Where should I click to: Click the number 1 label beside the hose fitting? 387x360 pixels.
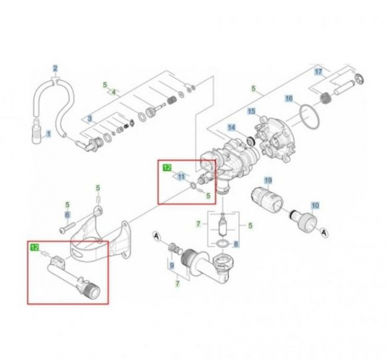click(48, 133)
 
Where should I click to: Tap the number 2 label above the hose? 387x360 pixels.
click(55, 69)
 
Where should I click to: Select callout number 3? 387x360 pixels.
click(90, 118)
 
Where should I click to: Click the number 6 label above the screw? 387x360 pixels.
click(67, 215)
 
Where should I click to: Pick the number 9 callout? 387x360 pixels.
click(172, 265)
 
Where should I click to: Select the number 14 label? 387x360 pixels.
click(232, 127)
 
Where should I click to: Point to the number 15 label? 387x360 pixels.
click(251, 111)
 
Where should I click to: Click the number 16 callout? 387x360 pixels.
click(288, 99)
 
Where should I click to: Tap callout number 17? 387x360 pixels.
click(318, 72)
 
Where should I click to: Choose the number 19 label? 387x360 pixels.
click(268, 181)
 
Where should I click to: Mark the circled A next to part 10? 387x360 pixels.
click(324, 232)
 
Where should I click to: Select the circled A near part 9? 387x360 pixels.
click(156, 237)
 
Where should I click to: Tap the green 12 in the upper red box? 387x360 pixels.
click(166, 166)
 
